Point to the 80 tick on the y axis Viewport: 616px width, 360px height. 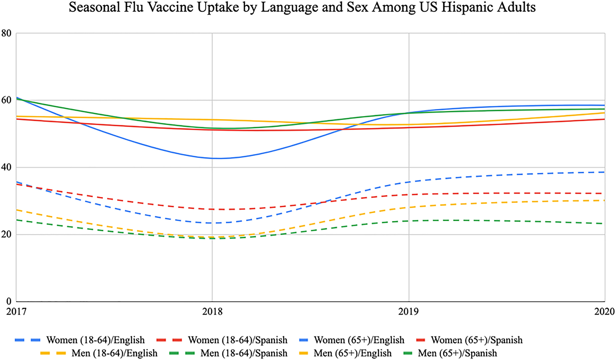point(6,33)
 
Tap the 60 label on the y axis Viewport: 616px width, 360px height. point(6,100)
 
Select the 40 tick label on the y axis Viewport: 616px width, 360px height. point(6,167)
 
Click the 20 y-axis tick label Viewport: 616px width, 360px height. point(6,235)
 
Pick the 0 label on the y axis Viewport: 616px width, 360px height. point(8,301)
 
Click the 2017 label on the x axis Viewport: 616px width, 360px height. point(16,311)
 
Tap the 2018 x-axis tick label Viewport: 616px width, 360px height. point(212,311)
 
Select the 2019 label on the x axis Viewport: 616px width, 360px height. point(409,311)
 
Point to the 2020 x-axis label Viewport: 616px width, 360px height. point(605,311)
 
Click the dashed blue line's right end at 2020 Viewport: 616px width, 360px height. point(604,172)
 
